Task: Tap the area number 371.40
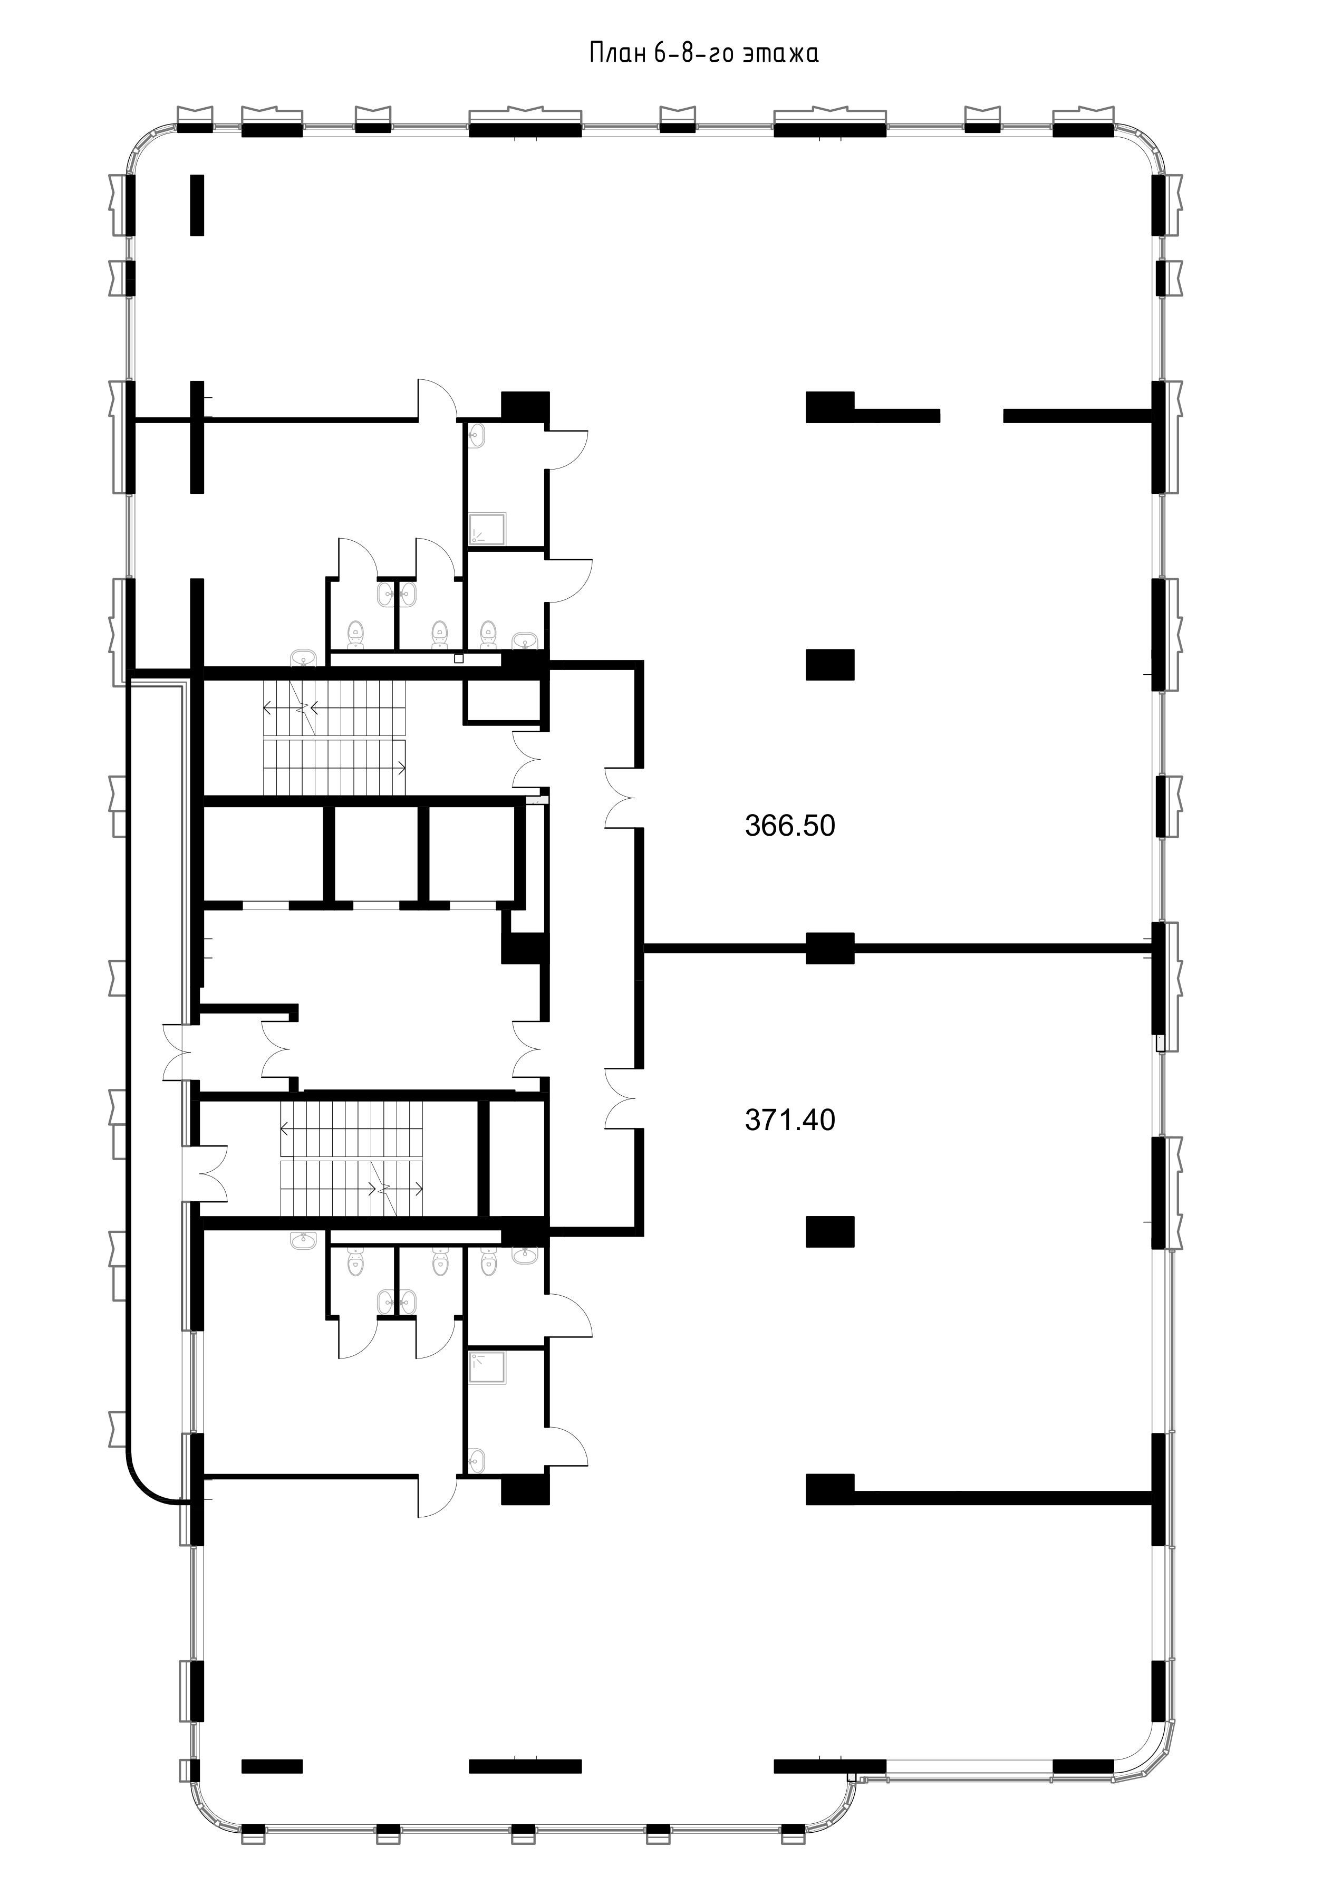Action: pyautogui.click(x=789, y=1120)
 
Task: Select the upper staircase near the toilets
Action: pyautogui.click(x=335, y=737)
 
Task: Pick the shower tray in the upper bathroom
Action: pyautogui.click(x=488, y=530)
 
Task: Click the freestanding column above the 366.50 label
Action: pyautogui.click(x=829, y=664)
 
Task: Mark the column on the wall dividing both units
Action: pyautogui.click(x=829, y=948)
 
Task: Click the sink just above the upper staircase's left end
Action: pyautogui.click(x=303, y=658)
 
